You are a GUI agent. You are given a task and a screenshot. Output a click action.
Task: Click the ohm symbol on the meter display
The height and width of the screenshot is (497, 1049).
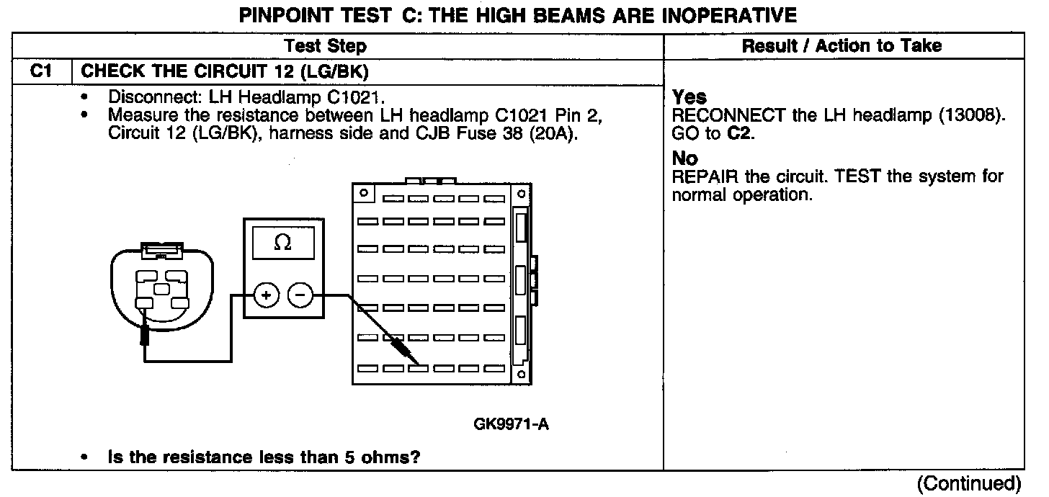[283, 244]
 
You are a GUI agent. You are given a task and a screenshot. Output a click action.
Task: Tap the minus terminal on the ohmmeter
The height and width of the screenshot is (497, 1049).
[300, 295]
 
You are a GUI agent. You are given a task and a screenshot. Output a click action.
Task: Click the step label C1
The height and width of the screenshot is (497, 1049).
[41, 71]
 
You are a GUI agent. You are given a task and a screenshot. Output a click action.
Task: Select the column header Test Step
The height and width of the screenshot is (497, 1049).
[326, 46]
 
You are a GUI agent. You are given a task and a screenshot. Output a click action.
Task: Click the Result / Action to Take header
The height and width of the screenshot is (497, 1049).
[842, 46]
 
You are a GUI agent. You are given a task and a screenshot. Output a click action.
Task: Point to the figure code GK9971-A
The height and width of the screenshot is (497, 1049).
[512, 424]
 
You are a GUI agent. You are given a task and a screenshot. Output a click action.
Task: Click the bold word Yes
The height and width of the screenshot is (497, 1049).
[689, 97]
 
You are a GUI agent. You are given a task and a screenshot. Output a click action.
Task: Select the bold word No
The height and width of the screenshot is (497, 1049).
[684, 158]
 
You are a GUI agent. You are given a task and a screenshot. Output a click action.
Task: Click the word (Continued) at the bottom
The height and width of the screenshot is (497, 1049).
[969, 483]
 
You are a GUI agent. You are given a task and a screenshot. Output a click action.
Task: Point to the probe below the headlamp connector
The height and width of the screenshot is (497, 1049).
[145, 334]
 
